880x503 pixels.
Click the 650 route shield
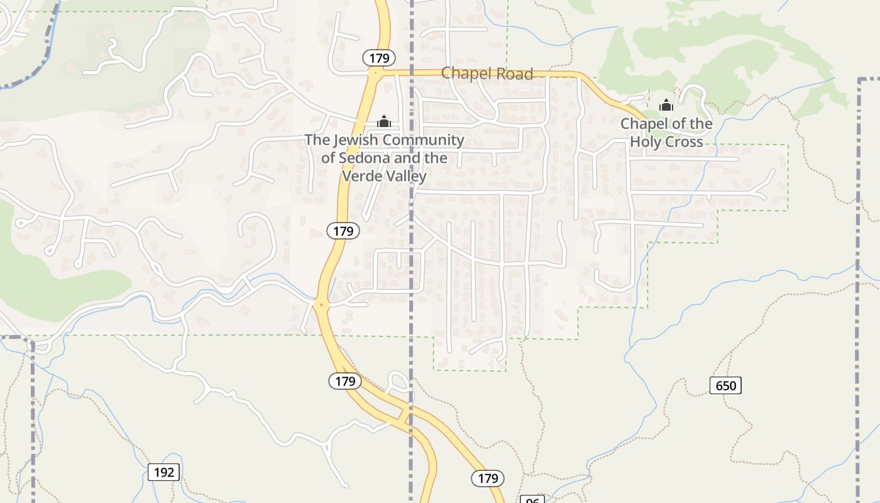pyautogui.click(x=725, y=385)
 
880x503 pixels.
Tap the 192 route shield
pyautogui.click(x=163, y=472)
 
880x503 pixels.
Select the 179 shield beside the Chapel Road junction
pyautogui.click(x=379, y=58)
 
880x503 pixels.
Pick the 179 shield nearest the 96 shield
pyautogui.click(x=488, y=478)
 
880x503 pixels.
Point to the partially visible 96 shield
pyautogui.click(x=532, y=500)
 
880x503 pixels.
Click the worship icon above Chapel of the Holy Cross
pyautogui.click(x=666, y=105)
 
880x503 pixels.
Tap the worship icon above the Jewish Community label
pyautogui.click(x=384, y=121)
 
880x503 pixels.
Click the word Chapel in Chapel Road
pyautogui.click(x=463, y=74)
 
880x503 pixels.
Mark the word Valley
pyautogui.click(x=406, y=176)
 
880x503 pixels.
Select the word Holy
pyautogui.click(x=649, y=142)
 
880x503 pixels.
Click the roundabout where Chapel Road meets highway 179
pyautogui.click(x=375, y=72)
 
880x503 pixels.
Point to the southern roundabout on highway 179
pyautogui.click(x=321, y=305)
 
